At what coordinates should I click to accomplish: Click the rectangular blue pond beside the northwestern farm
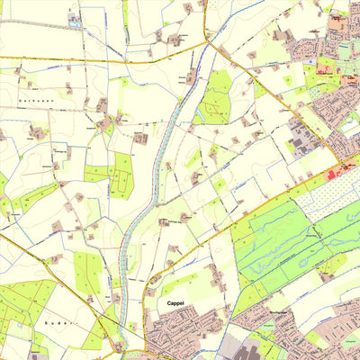tap(74, 19)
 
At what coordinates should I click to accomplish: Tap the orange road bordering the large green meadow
tap(270, 208)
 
